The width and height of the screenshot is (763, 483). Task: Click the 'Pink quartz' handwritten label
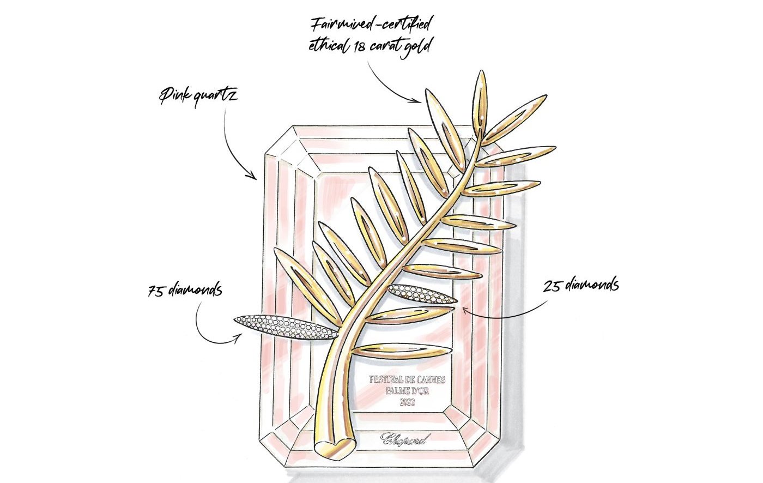coord(198,99)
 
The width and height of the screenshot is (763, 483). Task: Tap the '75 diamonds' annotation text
coord(185,288)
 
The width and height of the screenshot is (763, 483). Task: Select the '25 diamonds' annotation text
coord(581,285)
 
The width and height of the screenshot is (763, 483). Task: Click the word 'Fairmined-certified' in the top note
coord(371,25)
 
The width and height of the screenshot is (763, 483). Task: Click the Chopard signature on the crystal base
coord(405,438)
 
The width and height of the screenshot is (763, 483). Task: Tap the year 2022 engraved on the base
coord(407,403)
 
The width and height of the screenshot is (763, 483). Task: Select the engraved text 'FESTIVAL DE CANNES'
coord(407,379)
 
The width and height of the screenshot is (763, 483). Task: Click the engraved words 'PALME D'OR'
coord(407,391)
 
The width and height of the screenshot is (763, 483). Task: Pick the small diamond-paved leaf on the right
coord(422,294)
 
